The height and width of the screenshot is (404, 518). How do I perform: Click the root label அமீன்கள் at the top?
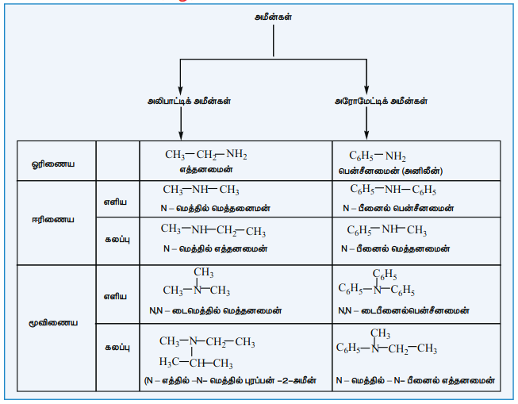coord(273,17)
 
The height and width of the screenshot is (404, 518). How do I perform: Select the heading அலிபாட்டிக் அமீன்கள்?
coord(189,101)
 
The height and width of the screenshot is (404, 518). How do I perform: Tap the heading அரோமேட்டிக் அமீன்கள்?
coord(381,101)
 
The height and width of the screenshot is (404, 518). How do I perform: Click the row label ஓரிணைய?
coord(53,164)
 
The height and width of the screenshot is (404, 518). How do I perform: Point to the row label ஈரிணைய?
coord(53,220)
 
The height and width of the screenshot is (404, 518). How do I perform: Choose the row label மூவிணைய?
coord(53,323)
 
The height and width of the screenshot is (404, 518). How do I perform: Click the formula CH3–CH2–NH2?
coord(206,155)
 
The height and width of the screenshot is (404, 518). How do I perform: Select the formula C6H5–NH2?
coord(378,156)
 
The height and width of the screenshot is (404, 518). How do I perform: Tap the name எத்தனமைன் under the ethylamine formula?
coord(206,170)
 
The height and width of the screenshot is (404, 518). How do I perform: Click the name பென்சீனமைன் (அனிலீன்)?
coord(390,171)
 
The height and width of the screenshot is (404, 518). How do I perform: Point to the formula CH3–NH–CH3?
coord(201,190)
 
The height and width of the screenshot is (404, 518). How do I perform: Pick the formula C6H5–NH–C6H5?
coord(393,190)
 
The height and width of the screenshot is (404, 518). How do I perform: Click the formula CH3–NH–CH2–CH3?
coord(213,230)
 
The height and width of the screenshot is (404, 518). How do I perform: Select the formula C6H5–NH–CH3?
coord(386,230)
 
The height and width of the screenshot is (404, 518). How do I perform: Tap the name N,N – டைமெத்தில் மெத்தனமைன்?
coord(216,311)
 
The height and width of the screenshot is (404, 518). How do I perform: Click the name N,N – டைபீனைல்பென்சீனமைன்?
coord(403,311)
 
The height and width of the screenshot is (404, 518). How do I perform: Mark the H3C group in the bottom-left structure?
coord(169,363)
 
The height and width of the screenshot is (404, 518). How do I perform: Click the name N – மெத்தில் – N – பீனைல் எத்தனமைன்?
coord(415,380)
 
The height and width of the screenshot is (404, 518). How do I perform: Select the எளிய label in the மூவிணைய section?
coord(115,297)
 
